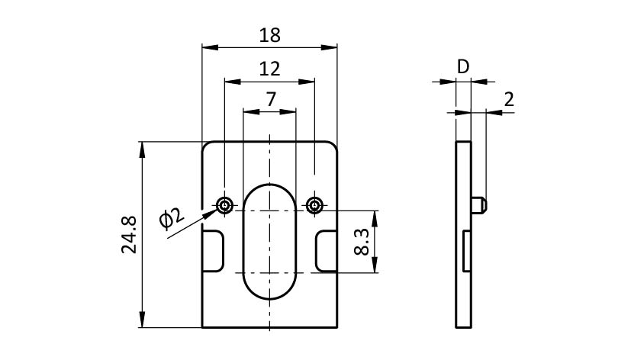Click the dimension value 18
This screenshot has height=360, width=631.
coord(269,35)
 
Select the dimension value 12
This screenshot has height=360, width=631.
coord(269,69)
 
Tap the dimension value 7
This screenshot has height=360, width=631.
coord(269,100)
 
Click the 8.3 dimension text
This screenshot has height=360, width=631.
coord(362,242)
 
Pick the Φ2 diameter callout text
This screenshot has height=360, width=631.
coord(172,219)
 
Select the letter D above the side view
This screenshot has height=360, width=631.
coord(463,67)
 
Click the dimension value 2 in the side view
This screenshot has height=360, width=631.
coord(509,99)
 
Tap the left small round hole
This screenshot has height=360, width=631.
coord(224,204)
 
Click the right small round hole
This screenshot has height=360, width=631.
coord(314,204)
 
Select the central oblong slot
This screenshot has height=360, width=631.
coord(269,241)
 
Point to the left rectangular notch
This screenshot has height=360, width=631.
coord(214,250)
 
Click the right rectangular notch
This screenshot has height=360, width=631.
coord(327,250)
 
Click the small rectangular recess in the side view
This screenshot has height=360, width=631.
coord(465,250)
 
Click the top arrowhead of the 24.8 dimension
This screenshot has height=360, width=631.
coord(142,146)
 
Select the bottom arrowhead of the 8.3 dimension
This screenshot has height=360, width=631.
coord(374,268)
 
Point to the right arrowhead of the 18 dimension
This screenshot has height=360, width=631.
coord(331,47)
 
